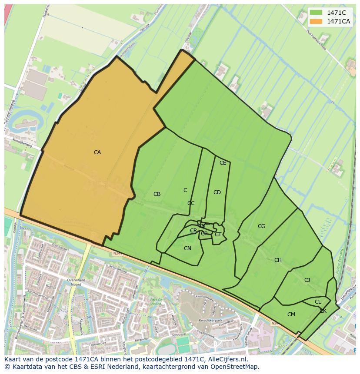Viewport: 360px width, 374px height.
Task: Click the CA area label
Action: [97, 152]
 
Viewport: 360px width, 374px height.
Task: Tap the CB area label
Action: [157, 194]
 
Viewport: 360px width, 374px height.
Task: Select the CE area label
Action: [223, 163]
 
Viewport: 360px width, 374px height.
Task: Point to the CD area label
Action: [217, 192]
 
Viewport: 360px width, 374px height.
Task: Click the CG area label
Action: [261, 226]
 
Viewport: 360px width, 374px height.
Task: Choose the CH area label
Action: [278, 260]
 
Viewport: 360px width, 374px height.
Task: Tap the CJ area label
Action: [307, 280]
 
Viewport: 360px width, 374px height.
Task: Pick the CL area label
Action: [318, 302]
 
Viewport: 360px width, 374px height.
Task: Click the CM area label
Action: [291, 314]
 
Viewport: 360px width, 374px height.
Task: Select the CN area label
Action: [187, 248]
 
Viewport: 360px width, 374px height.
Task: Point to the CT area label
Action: [218, 235]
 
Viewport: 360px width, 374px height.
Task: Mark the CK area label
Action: [323, 311]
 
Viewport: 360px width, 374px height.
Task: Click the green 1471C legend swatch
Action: [316, 13]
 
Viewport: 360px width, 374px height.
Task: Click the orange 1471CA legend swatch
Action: [316, 21]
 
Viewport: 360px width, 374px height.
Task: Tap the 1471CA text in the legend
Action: [339, 21]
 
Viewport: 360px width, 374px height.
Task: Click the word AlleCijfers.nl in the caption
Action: [227, 359]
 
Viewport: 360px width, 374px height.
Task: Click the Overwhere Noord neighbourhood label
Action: [76, 283]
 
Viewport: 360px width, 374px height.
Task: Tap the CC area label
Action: [191, 203]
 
